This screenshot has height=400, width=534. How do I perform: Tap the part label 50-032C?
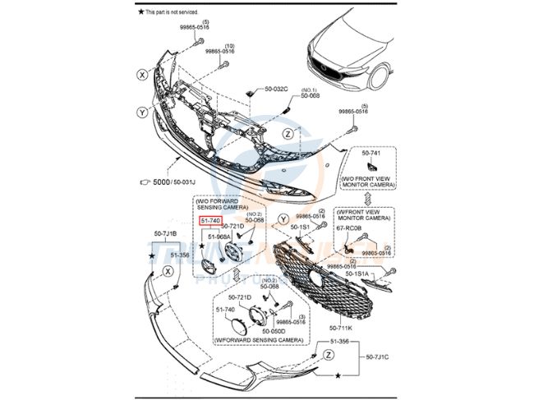(x=277, y=89)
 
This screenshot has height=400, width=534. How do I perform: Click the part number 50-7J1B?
(x=165, y=234)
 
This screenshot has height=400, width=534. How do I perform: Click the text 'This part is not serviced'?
(x=179, y=12)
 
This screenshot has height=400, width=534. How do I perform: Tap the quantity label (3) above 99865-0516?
(x=302, y=315)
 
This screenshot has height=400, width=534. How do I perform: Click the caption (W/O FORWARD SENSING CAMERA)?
(x=219, y=204)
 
